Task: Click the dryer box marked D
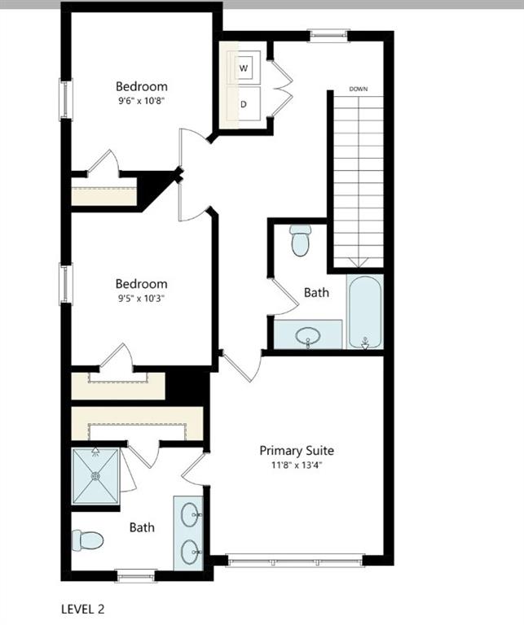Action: [244, 104]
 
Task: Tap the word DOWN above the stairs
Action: [359, 88]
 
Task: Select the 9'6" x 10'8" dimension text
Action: [141, 101]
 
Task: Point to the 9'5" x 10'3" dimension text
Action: [141, 299]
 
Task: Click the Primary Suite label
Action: [297, 450]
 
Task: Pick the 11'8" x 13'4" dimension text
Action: [297, 465]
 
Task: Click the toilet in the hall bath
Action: [301, 239]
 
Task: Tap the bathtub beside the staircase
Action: [364, 312]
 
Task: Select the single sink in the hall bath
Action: [308, 335]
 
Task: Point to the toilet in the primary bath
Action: [88, 540]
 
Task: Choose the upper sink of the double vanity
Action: [190, 514]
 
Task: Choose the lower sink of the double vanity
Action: [190, 550]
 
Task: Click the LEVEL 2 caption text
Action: [83, 608]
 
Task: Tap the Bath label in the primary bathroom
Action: [142, 527]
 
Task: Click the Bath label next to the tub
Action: [316, 291]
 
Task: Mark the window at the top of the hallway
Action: [328, 34]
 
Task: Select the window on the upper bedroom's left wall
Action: [65, 99]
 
